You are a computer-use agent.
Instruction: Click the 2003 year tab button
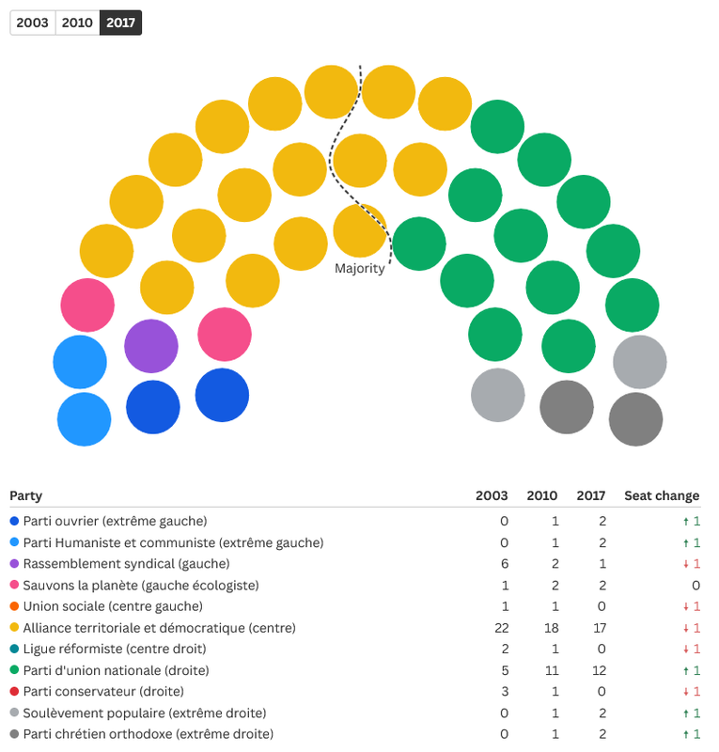coord(33,23)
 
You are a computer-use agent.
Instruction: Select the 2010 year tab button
coord(77,23)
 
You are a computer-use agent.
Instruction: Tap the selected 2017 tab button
coord(120,23)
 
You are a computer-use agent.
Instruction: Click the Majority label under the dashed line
coord(360,269)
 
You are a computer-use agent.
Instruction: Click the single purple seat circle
coord(151,346)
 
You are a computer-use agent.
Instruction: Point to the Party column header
coord(26,495)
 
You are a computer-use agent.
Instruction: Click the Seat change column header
coord(662,495)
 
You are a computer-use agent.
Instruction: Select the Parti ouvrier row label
coord(115,521)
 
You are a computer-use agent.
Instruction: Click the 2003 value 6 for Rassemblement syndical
coord(503,563)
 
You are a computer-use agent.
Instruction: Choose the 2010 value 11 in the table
coord(548,670)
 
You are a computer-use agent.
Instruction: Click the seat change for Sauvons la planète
coord(696,585)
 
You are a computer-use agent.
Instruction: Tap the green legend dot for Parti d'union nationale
coord(14,670)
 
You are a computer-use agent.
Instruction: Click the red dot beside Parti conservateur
coord(14,692)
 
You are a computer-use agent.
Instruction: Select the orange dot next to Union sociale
coord(14,606)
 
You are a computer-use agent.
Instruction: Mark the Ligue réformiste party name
coord(114,649)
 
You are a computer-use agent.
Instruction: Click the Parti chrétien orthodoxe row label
coord(148,734)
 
